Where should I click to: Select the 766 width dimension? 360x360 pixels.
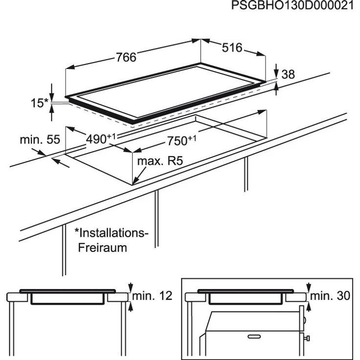tap(126, 57)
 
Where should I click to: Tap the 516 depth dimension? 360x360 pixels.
tap(232, 48)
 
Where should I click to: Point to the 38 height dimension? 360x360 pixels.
tap(289, 74)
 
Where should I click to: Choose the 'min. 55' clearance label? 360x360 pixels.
tap(39, 139)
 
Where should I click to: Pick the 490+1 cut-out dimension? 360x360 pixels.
tap(100, 138)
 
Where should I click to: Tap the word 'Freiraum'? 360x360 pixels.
tap(102, 247)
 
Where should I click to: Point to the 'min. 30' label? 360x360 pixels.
tap(330, 296)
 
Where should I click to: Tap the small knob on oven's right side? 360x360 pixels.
tap(307, 337)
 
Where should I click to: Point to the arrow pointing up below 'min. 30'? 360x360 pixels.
tap(309, 306)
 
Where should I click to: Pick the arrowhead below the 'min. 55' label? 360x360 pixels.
tap(56, 161)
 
